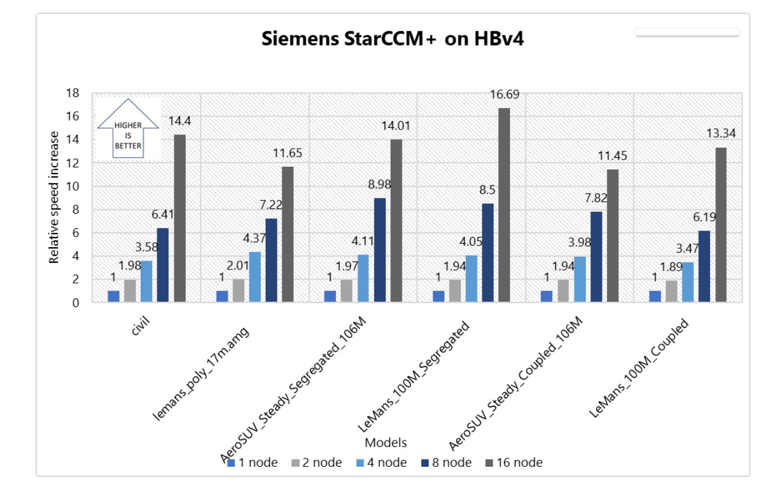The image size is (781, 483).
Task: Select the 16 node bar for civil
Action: [x=180, y=218]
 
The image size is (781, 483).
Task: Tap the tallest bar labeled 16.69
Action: [x=504, y=205]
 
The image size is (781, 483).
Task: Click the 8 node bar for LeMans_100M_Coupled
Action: [x=704, y=266]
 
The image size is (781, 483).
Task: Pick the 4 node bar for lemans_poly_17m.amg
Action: [x=255, y=277]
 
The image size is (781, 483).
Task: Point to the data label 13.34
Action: [x=721, y=133]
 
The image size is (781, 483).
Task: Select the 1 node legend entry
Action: [x=252, y=463]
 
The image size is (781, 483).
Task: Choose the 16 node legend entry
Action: [x=515, y=463]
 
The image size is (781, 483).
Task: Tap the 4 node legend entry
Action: [x=382, y=463]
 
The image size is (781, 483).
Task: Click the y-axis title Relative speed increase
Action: [x=54, y=197]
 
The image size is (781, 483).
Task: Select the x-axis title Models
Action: [x=386, y=443]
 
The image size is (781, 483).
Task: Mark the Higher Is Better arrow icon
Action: [x=129, y=128]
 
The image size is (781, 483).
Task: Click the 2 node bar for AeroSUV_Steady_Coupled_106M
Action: [x=563, y=291]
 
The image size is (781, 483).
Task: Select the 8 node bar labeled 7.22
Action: [x=272, y=260]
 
